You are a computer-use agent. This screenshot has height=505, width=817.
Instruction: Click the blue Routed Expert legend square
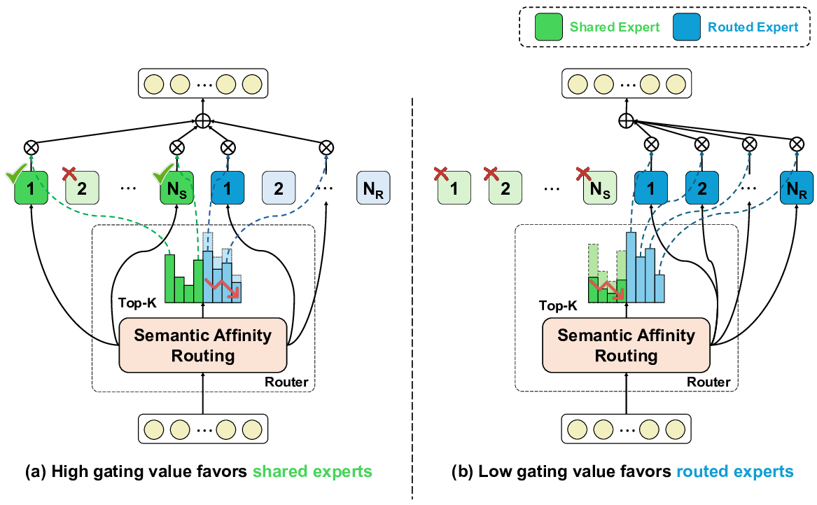(688, 27)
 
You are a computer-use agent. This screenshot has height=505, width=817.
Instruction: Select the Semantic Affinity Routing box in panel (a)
(203, 345)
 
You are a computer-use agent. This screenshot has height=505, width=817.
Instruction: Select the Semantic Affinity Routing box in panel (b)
(626, 345)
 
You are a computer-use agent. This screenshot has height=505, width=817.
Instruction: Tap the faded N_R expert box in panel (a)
(372, 188)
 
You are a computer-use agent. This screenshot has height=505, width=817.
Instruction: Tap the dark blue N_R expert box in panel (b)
(796, 188)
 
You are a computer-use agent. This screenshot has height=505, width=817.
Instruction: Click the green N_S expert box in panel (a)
(177, 188)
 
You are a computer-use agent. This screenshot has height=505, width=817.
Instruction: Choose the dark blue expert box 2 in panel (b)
(702, 188)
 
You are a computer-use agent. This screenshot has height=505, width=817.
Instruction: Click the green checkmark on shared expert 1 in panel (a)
(17, 172)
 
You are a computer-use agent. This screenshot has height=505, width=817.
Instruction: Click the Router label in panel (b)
(708, 382)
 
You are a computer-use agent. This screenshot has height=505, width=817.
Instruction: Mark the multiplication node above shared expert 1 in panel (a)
(32, 147)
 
